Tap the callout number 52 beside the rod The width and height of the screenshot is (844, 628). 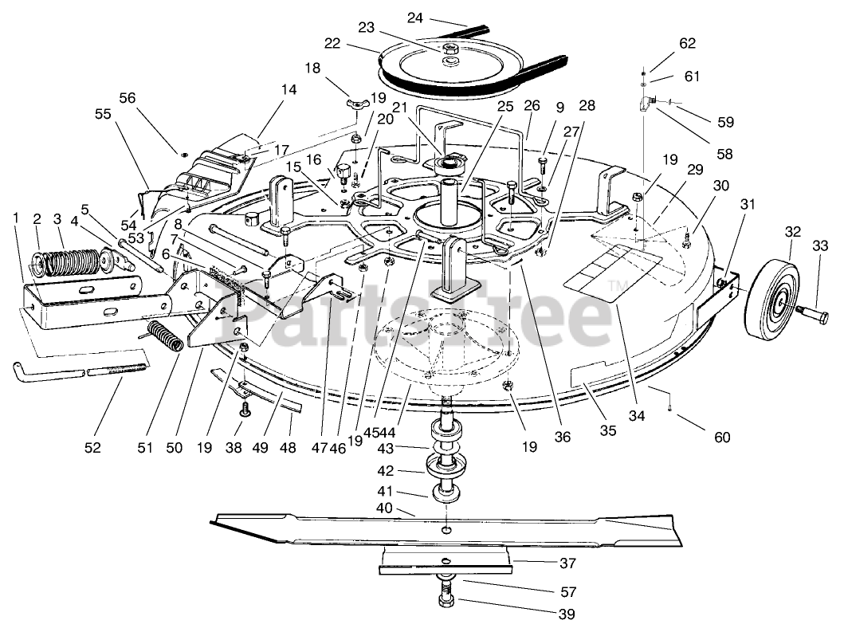(x=92, y=447)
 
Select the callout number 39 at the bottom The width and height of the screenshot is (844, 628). (x=567, y=614)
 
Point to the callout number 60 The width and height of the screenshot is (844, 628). (x=722, y=437)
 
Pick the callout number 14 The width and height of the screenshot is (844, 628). (x=289, y=90)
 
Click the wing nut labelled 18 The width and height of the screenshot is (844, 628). (x=355, y=102)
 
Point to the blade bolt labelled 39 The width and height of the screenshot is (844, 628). (x=446, y=602)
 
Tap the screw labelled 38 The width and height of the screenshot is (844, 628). (x=245, y=410)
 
